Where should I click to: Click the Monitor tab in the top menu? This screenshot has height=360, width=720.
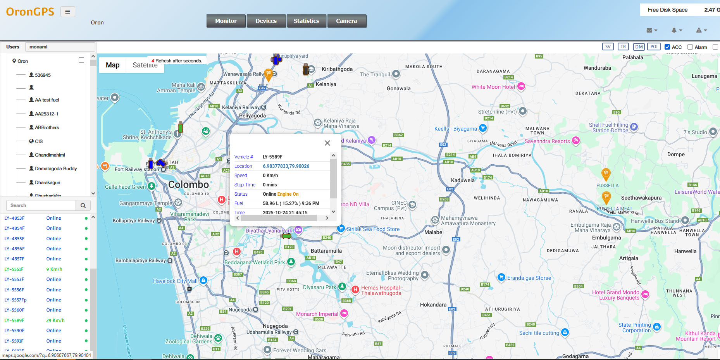pos(226,21)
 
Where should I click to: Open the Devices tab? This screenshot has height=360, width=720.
pos(266,21)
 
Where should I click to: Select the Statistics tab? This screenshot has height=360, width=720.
pos(306,21)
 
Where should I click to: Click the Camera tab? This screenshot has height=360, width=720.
pos(346,21)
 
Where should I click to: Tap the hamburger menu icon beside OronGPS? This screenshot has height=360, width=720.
pos(67,12)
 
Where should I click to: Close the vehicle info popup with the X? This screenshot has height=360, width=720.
pos(327,143)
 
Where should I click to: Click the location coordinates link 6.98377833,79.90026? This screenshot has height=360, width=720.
pos(286,166)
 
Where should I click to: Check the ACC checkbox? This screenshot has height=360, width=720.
pos(667,47)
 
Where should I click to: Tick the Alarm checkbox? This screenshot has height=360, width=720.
pos(690,47)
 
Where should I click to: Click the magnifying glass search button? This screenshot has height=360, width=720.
pos(83,205)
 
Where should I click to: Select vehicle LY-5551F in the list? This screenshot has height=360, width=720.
pos(14,269)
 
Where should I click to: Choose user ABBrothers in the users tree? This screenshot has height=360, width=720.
pos(47,127)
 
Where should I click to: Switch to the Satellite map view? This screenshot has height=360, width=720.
pos(145,65)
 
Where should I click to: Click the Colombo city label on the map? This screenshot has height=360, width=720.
pos(189,184)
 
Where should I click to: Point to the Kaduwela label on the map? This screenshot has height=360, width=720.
pos(463,180)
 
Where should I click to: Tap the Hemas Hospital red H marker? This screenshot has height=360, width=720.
pos(355,289)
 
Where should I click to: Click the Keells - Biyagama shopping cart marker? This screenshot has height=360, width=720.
pos(482,128)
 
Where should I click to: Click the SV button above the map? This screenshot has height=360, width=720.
pos(608,47)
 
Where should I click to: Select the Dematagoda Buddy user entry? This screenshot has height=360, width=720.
pos(56,169)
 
